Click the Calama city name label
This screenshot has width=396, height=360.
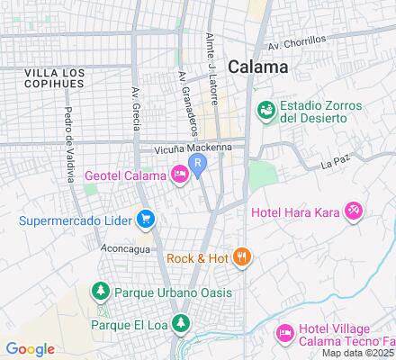tap(258, 66)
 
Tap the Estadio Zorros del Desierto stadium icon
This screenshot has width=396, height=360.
tap(266, 110)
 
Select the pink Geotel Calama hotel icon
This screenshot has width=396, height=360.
tap(180, 174)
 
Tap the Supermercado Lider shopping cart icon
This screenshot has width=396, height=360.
tap(145, 219)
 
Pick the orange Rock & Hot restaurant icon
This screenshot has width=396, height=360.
tap(240, 258)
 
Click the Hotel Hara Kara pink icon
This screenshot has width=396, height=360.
tap(355, 211)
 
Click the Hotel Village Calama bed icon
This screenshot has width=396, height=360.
tap(284, 333)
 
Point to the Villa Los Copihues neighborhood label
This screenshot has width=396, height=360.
tap(56, 77)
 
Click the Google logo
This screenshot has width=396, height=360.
tap(31, 349)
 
